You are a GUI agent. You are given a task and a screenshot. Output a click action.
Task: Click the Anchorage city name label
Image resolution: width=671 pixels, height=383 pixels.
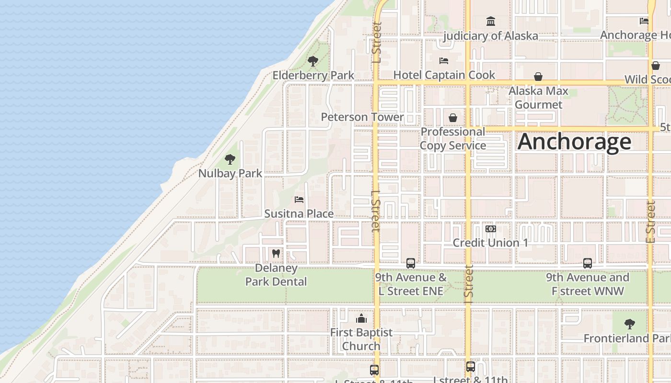pos(574,142)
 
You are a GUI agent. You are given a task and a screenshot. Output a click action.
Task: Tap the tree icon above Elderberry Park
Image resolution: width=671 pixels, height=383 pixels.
pos(313,61)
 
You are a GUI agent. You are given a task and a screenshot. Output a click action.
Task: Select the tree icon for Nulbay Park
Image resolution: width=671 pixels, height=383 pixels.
pos(230,159)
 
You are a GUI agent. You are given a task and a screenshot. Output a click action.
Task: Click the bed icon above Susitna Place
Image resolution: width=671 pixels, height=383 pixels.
pos(299,200)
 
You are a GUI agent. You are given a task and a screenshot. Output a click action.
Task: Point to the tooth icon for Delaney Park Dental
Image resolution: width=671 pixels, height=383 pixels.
pos(276,253)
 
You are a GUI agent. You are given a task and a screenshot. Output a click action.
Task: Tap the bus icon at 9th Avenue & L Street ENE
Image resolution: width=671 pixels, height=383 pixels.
pos(411,263)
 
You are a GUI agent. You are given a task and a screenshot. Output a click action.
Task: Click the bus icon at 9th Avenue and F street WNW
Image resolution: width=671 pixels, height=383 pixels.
pos(588,263)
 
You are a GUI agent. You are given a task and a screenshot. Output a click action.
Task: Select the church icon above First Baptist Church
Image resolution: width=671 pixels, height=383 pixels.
pos(361,319)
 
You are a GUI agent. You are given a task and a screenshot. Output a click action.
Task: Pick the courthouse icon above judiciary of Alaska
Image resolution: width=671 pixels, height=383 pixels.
pos(491,22)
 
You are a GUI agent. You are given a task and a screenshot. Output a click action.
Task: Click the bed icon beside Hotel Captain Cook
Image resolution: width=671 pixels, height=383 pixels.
pos(444,61)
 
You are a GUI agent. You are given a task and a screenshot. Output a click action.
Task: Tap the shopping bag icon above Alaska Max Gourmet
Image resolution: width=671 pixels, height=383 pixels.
pos(538,77)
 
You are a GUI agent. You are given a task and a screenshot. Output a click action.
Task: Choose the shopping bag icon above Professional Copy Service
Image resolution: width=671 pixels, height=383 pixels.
pos(453,117)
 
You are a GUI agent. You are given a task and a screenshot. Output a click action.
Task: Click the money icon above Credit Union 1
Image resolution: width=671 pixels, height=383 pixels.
pos(490,229)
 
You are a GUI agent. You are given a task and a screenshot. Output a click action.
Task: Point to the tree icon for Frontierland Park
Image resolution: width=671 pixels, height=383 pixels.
pos(630,324)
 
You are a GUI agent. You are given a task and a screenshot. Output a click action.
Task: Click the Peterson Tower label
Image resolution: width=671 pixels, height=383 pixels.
pos(362,117)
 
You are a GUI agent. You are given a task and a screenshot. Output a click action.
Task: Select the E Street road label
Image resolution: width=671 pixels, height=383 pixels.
pos(650,221)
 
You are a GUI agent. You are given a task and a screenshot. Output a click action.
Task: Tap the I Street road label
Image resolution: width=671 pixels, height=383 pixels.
pos(468,284)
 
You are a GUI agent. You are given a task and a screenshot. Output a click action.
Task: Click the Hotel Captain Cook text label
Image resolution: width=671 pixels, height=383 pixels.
pos(444,75)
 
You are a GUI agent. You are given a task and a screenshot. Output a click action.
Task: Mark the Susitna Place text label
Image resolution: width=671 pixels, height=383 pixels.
pos(299,214)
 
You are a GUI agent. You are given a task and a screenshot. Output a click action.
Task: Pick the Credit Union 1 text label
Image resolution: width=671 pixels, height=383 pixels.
pos(490,243)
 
